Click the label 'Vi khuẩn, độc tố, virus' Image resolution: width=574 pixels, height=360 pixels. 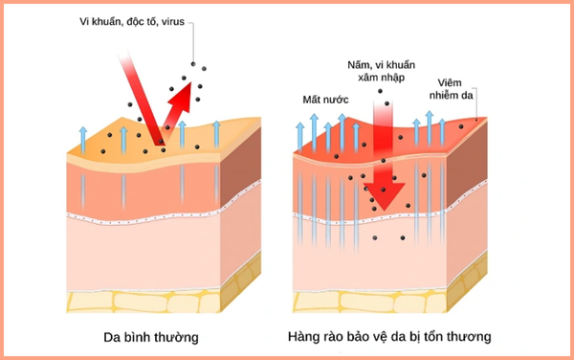tap(133, 21)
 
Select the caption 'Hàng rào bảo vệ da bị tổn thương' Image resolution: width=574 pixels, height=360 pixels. tap(389, 337)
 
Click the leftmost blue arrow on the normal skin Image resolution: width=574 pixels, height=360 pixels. tap(83, 139)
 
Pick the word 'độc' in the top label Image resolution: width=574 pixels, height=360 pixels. tap(142, 21)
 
